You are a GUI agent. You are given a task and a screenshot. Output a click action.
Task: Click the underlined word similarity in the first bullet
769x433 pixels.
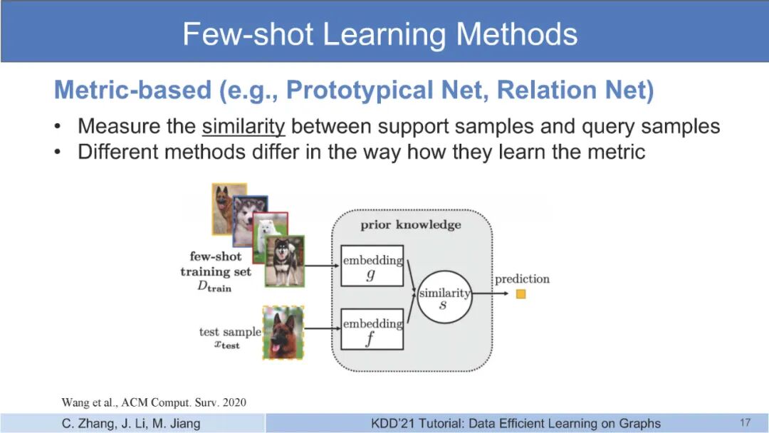(244, 127)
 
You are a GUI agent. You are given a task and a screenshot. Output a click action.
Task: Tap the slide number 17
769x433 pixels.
(745, 423)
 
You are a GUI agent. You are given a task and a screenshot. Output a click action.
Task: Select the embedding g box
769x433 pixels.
(372, 266)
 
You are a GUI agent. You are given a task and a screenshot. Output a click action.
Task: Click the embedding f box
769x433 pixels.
(372, 329)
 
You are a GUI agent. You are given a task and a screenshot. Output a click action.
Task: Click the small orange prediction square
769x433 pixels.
(520, 293)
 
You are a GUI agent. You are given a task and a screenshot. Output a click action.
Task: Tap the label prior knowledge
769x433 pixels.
(411, 224)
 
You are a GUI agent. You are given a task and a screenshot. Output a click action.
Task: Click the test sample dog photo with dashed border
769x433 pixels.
(283, 333)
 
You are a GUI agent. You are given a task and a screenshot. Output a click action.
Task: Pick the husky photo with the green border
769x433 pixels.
(284, 261)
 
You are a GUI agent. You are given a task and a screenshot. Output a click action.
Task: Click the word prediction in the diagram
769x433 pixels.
(522, 279)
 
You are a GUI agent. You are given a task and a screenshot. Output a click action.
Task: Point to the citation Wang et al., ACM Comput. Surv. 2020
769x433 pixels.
(154, 402)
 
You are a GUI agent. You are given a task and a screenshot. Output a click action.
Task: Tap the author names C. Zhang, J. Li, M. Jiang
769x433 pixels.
(131, 423)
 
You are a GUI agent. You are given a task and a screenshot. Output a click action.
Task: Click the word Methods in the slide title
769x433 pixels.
(517, 34)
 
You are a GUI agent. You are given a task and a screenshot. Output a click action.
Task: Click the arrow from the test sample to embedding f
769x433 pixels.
(323, 328)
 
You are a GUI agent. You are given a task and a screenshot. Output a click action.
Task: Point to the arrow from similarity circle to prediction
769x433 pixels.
(491, 293)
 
